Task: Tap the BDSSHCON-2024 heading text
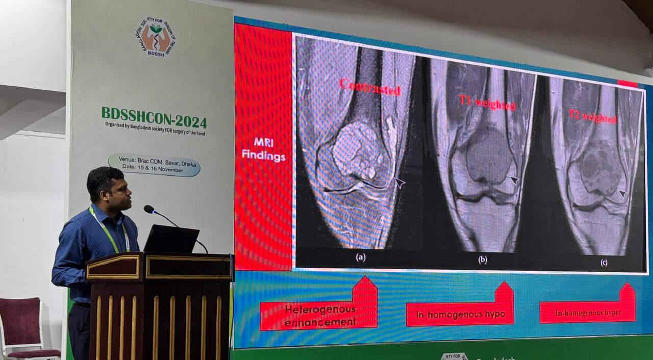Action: (x=154, y=118)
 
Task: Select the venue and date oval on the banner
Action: (x=154, y=165)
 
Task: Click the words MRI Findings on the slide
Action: (x=264, y=150)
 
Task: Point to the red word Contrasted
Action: (x=370, y=87)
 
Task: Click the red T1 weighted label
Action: (x=487, y=102)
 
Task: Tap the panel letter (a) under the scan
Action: (x=361, y=257)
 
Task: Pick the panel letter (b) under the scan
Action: (x=483, y=260)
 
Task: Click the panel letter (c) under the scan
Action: (x=604, y=263)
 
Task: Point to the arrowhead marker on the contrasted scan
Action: (x=399, y=183)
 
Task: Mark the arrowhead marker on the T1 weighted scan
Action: (x=514, y=180)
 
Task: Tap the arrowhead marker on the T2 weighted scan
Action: (x=622, y=194)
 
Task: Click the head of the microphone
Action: (x=149, y=209)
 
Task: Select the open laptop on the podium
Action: (x=171, y=239)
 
